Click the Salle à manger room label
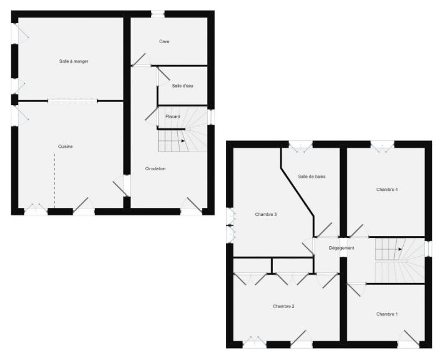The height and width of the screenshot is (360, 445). pyautogui.click(x=74, y=61)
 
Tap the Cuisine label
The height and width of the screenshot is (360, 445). pyautogui.click(x=65, y=147)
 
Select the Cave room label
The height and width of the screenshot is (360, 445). pyautogui.click(x=164, y=41)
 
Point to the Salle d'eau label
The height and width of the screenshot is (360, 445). pyautogui.click(x=183, y=86)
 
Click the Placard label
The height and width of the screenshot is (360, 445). pyautogui.click(x=173, y=116)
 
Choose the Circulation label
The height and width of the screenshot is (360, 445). pyautogui.click(x=155, y=168)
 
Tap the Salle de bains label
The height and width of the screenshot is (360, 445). pyautogui.click(x=312, y=177)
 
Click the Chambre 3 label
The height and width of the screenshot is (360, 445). pyautogui.click(x=266, y=215)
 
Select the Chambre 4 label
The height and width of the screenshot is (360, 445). pyautogui.click(x=387, y=190)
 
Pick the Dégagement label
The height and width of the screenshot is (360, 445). pyautogui.click(x=341, y=248)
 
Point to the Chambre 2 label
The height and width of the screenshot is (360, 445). pyautogui.click(x=284, y=306)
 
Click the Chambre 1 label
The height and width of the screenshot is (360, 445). pyautogui.click(x=387, y=314)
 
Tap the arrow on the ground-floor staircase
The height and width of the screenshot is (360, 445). pyautogui.click(x=183, y=141)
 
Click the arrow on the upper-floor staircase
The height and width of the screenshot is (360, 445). pyautogui.click(x=400, y=249)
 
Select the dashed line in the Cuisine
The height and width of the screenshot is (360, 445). pyautogui.click(x=54, y=180)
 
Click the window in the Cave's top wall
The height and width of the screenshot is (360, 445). pyautogui.click(x=158, y=14)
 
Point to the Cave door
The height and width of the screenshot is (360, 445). pyautogui.click(x=138, y=59)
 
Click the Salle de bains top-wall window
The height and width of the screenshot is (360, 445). pyautogui.click(x=301, y=145)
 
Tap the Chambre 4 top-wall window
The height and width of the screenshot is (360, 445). pyautogui.click(x=382, y=145)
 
